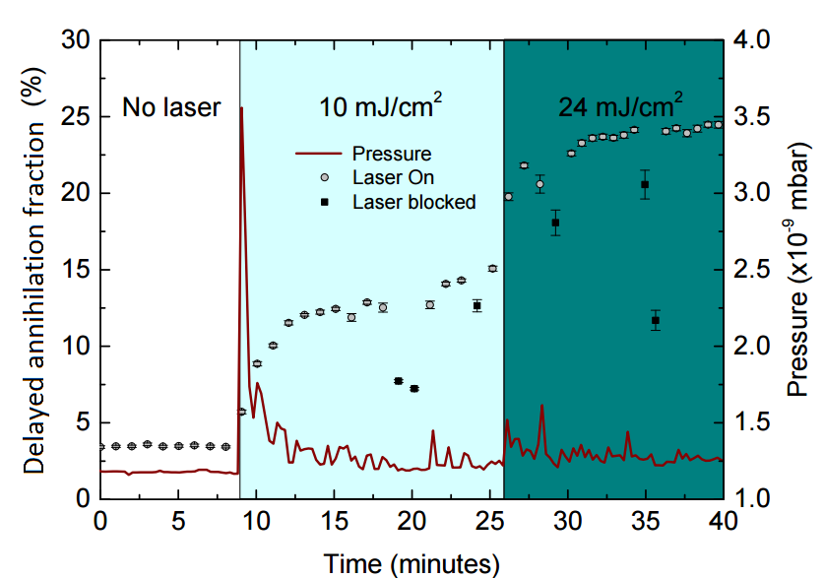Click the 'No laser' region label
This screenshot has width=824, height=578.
[x=171, y=107]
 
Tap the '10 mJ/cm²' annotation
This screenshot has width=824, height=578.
[x=378, y=105]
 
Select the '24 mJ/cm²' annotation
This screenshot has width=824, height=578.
[x=621, y=105]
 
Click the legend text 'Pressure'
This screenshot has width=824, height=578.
[x=392, y=155]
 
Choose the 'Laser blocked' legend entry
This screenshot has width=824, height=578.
[x=413, y=202]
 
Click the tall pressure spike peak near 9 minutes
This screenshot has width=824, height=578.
[x=241, y=108]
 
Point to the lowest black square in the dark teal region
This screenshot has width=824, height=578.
[x=656, y=321]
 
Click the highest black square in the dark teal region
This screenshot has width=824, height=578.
[x=645, y=184]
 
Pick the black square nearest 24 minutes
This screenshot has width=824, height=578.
[x=476, y=305]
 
